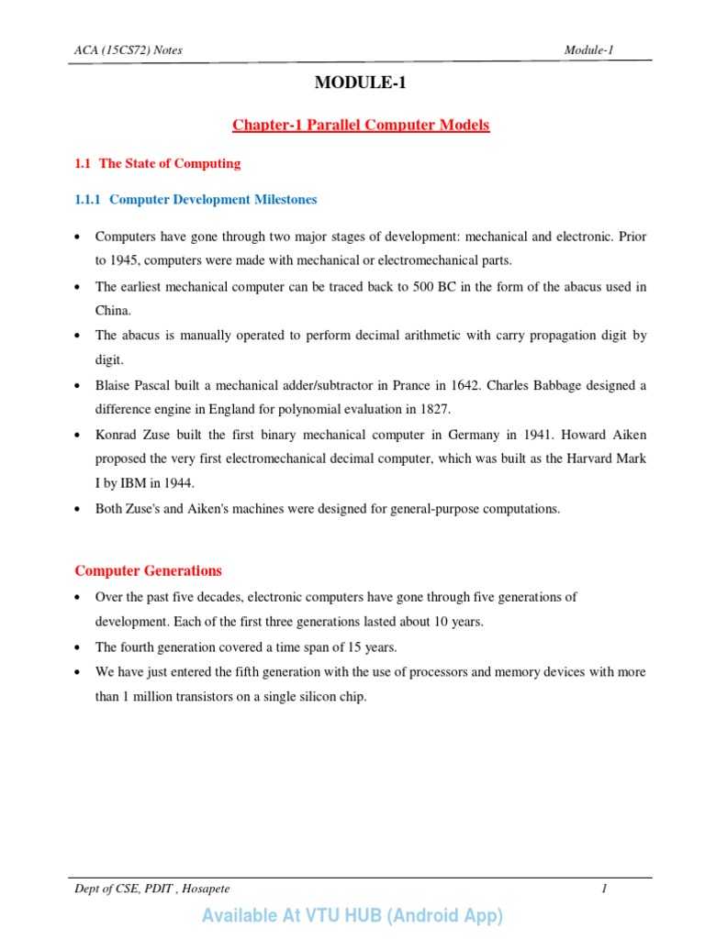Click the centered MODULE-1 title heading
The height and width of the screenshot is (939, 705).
[x=359, y=83]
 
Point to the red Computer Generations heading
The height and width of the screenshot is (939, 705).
[x=148, y=570]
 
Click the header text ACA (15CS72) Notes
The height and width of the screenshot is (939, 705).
[x=129, y=50]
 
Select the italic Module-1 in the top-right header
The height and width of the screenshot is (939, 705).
[x=589, y=50]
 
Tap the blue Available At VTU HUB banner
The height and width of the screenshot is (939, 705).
[x=352, y=915]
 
